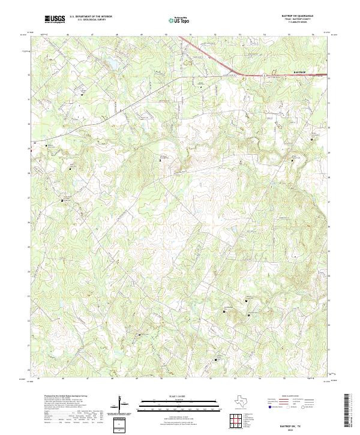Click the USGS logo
55,19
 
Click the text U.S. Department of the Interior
91,17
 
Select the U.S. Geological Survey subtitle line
91,20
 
